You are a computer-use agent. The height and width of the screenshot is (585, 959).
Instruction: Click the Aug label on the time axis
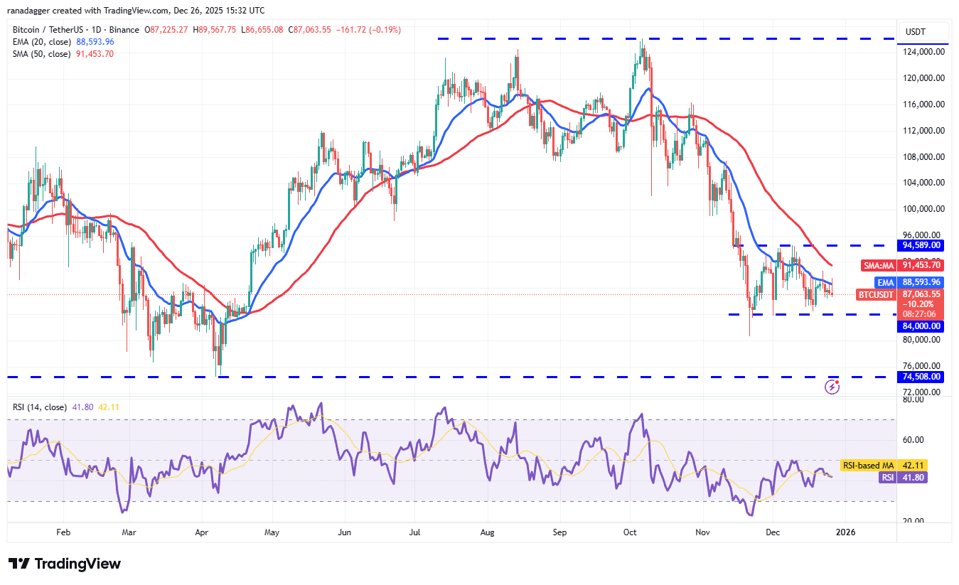[487, 532]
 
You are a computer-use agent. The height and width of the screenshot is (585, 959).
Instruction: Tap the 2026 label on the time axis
[845, 532]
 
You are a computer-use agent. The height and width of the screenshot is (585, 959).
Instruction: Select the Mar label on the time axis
[129, 532]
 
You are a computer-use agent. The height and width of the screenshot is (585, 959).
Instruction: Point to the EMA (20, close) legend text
[41, 42]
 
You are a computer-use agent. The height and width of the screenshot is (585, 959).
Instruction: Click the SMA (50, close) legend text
[41, 53]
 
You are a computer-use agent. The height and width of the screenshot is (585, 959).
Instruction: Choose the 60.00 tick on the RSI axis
[914, 440]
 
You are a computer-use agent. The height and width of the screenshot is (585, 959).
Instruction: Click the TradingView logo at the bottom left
[65, 564]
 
